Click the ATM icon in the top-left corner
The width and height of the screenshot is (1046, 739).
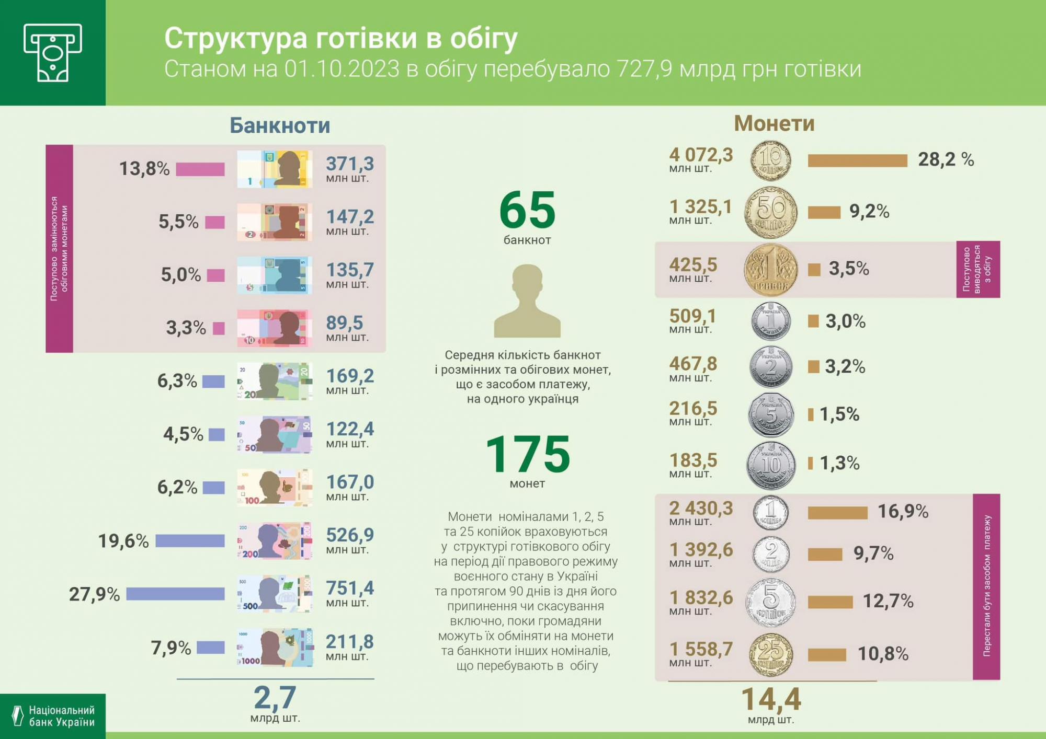point(53,52)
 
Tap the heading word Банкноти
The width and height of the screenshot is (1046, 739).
point(280,125)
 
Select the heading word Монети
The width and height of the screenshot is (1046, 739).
point(774,123)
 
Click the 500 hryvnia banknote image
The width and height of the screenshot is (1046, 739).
point(275,594)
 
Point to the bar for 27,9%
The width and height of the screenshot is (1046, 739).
point(175,594)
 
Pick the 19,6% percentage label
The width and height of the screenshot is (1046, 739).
point(123,541)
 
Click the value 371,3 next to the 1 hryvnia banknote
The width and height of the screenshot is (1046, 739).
point(350,164)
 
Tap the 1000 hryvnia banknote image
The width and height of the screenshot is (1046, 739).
point(275,647)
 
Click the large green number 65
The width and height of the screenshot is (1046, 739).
point(527,210)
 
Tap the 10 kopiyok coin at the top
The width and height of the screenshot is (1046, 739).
point(770,160)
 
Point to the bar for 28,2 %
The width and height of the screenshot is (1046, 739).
point(857,160)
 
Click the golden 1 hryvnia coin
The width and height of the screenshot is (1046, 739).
point(770,270)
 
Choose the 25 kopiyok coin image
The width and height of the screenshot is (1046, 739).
point(770,654)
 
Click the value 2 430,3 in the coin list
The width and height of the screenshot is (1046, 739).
point(701,508)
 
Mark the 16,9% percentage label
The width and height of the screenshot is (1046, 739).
point(903,511)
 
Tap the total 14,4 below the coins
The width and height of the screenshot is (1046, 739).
point(771,699)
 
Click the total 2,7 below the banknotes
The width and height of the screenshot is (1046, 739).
point(275,697)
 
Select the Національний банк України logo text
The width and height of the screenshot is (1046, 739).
point(61,716)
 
